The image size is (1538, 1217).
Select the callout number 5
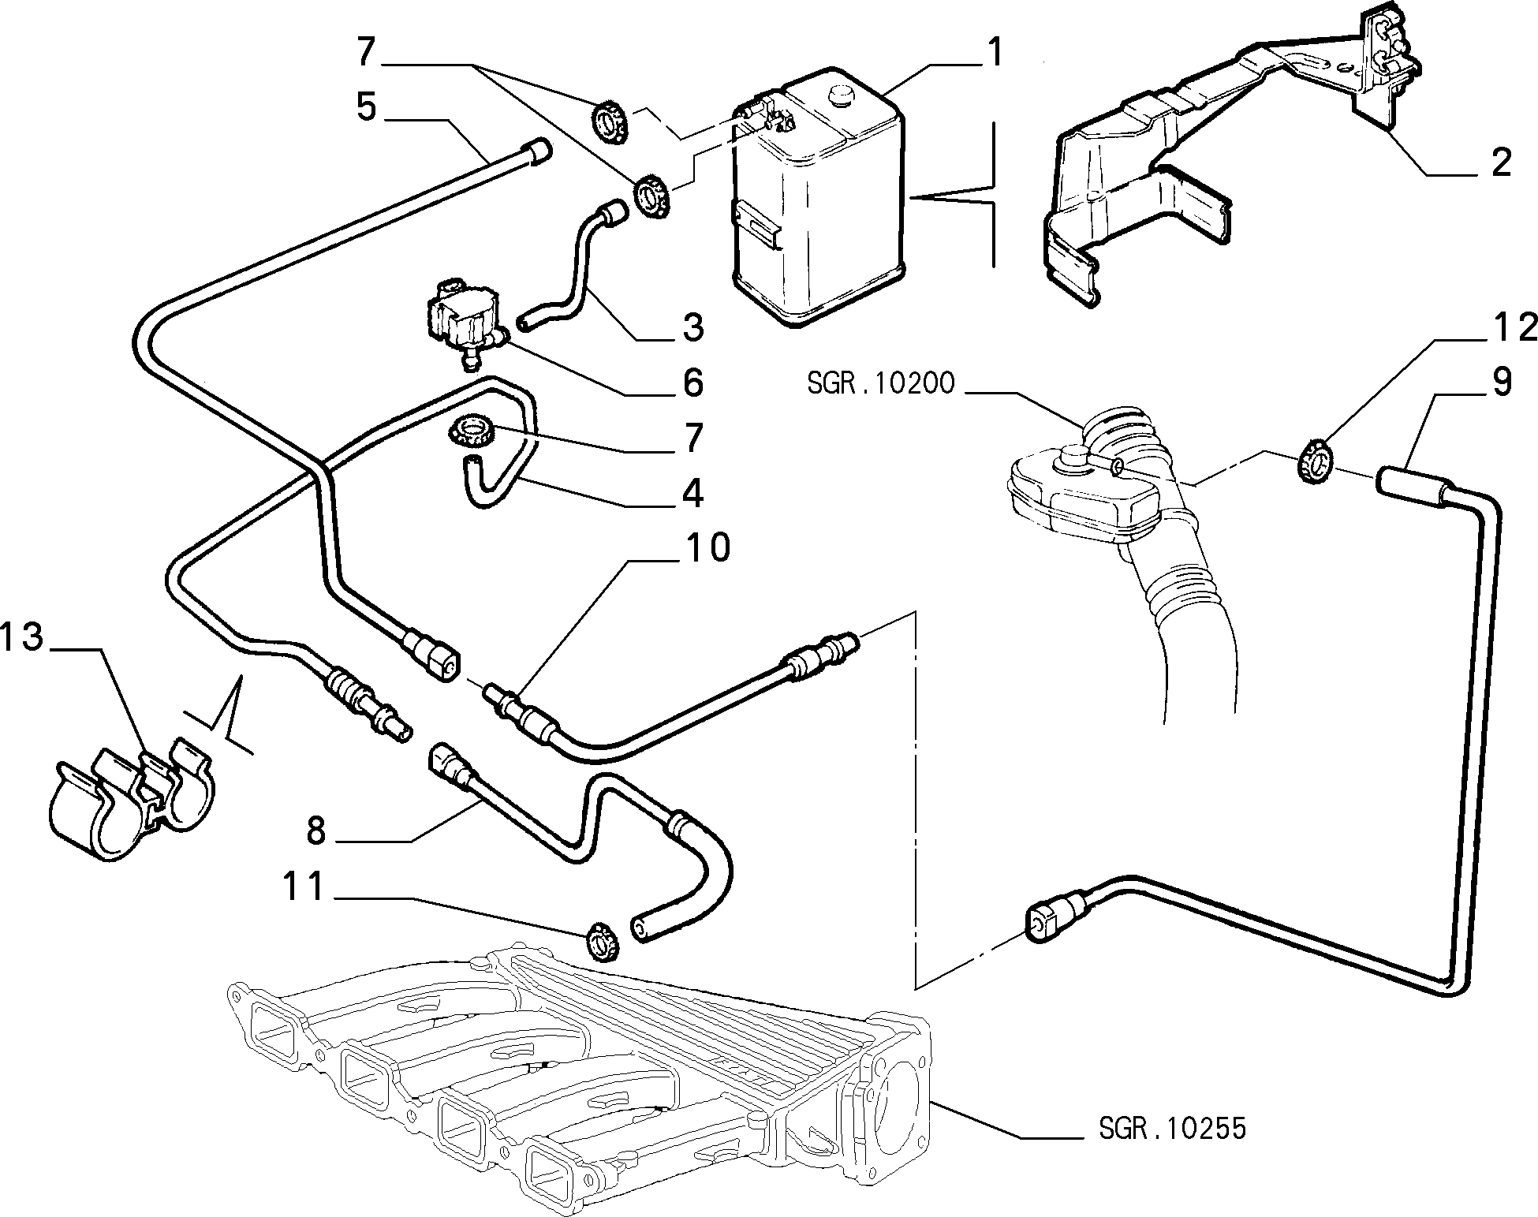[x=367, y=106]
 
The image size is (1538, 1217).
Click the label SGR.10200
[x=881, y=383]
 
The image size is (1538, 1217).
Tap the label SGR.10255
[x=1172, y=1128]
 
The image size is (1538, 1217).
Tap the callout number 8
[x=315, y=831]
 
